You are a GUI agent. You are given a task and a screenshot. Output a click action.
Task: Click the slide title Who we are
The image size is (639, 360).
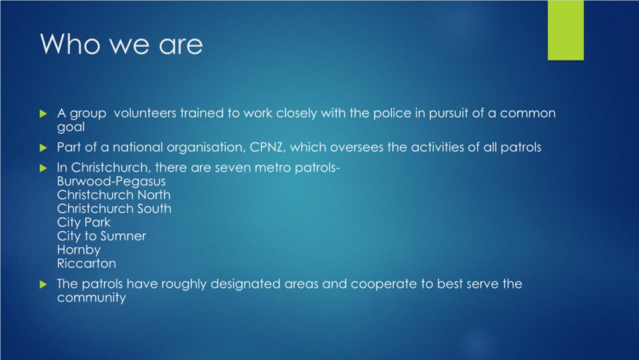click(122, 43)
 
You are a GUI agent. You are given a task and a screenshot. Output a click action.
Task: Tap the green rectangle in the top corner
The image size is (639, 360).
click(565, 30)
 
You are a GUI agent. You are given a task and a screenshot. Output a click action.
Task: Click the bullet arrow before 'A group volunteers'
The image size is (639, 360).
click(43, 113)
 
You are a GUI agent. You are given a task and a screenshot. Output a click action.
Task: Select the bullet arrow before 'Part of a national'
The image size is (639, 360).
click(43, 148)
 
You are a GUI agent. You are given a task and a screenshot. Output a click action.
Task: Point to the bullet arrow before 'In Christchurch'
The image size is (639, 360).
click(43, 168)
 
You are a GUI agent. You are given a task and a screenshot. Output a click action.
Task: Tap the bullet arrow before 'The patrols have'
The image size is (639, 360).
click(43, 284)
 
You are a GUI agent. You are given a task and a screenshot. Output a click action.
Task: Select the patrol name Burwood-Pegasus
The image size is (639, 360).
click(111, 182)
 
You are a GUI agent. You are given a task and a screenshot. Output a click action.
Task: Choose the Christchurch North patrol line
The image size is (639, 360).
click(113, 195)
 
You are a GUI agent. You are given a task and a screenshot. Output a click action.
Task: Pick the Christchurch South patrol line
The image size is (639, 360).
click(114, 209)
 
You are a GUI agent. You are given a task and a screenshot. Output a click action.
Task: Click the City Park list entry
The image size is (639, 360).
click(83, 222)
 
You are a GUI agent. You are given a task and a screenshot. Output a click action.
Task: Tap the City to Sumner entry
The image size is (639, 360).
click(101, 236)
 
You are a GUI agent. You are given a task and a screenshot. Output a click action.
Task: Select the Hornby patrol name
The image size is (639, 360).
click(78, 250)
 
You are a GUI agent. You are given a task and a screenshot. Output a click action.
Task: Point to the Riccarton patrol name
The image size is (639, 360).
click(87, 263)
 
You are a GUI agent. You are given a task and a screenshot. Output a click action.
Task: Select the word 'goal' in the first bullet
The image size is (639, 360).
click(71, 127)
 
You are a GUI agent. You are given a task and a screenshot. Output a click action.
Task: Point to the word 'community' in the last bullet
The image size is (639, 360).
click(91, 298)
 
